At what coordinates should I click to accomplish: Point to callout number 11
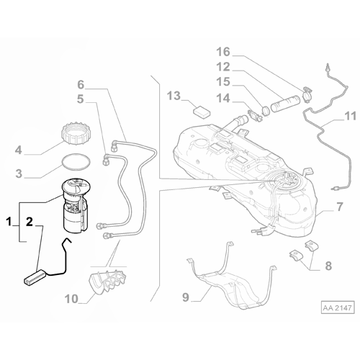point(350,114)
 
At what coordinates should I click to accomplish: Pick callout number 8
point(328,266)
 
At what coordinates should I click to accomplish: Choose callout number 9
point(185,295)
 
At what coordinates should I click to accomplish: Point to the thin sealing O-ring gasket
point(73,162)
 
